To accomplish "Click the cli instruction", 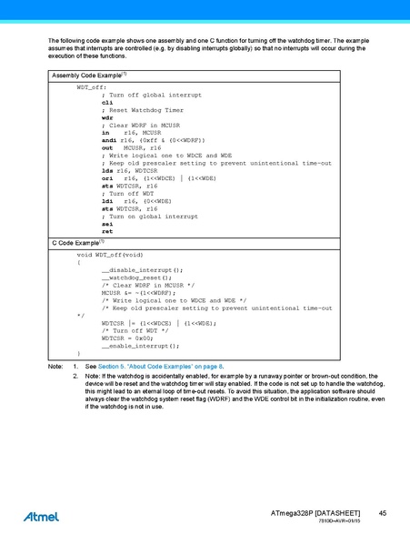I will pos(106,103).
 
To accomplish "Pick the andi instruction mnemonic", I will pos(108,140).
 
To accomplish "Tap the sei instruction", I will pos(106,224).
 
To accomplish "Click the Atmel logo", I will pos(42,516).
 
